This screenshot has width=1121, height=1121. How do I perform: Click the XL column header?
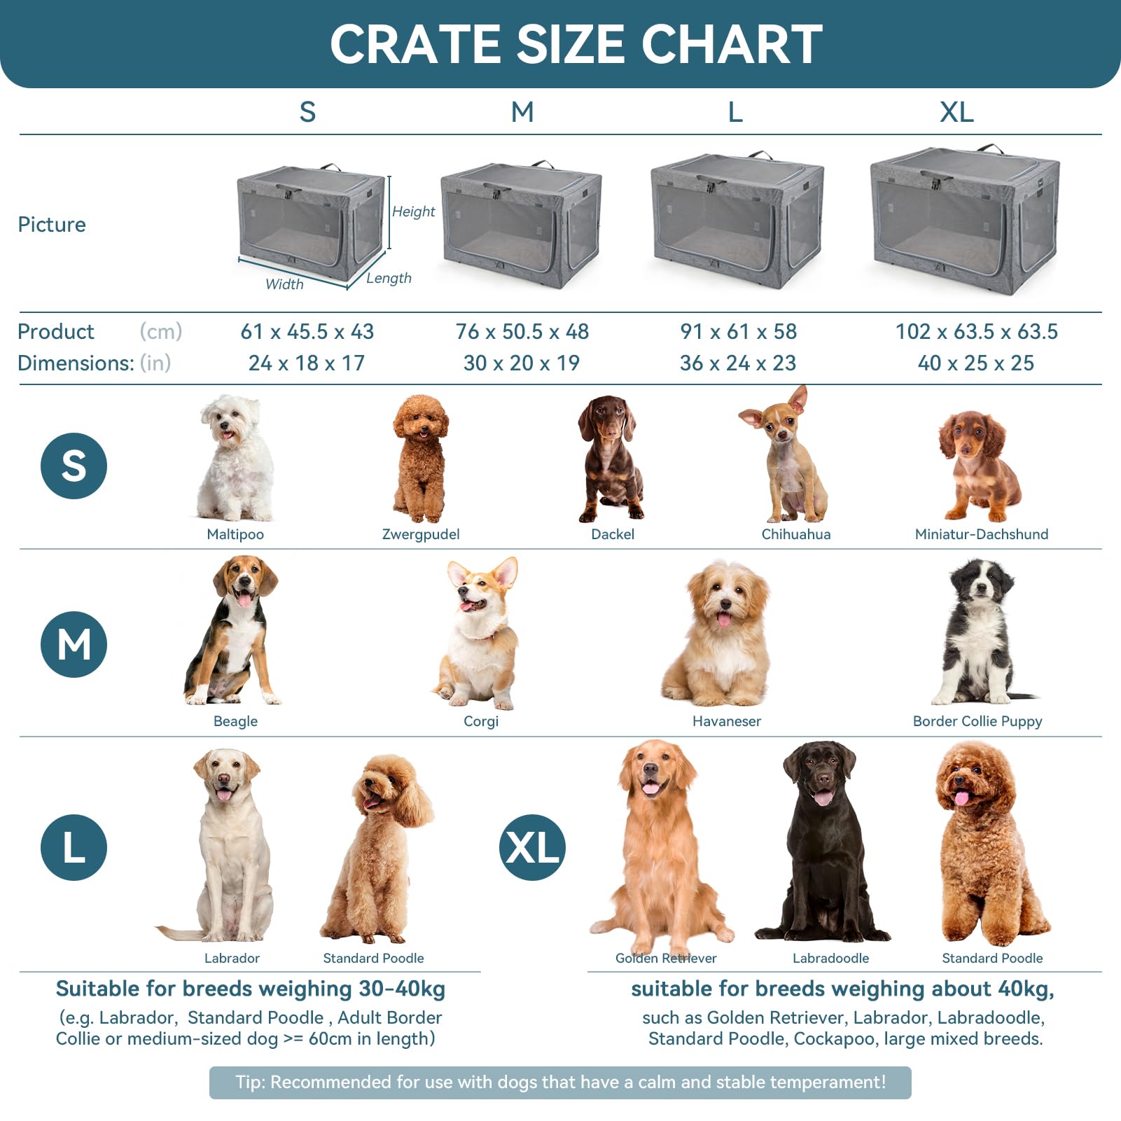point(956,112)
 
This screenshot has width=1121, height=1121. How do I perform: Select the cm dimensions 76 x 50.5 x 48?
point(522,331)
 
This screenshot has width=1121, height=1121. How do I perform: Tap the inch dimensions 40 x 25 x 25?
point(975,363)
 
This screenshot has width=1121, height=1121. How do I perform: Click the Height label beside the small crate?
point(413,211)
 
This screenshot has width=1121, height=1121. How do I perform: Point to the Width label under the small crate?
point(284,284)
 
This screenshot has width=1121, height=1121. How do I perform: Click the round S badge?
point(74,466)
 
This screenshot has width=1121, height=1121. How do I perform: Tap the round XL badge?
point(532,847)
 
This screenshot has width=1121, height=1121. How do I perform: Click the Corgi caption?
point(481,721)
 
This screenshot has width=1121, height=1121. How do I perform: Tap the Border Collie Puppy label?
point(977,721)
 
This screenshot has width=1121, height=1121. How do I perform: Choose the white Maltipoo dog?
point(235,459)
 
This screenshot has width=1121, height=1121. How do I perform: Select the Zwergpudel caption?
point(421,534)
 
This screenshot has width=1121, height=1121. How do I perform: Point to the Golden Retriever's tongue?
point(650,788)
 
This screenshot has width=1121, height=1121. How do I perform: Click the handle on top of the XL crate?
point(990,148)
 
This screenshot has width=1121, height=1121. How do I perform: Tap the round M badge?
point(74,644)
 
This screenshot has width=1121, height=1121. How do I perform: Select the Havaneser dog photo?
point(721,634)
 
